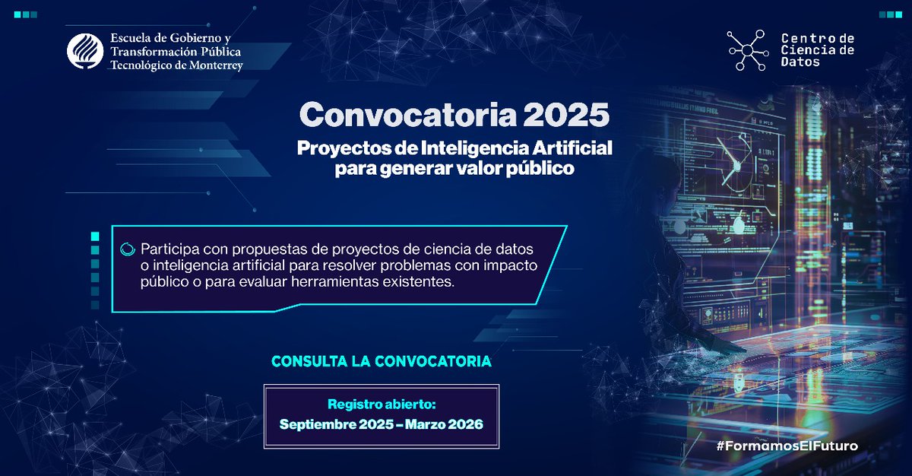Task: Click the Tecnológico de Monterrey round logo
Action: (x=85, y=52)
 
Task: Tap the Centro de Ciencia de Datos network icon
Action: (x=748, y=50)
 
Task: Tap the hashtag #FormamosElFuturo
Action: (x=787, y=446)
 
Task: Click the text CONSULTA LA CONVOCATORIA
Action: (x=382, y=362)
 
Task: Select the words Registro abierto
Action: (x=382, y=405)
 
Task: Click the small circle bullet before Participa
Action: (x=127, y=248)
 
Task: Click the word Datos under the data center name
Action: (x=800, y=62)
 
